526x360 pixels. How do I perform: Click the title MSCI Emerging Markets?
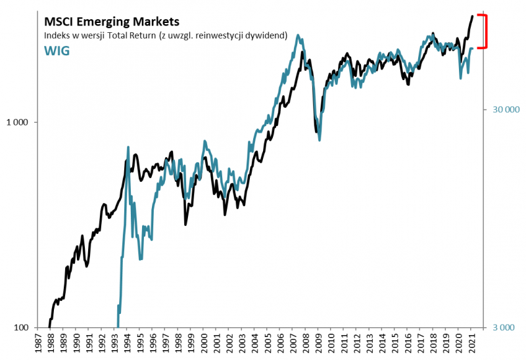click(x=110, y=22)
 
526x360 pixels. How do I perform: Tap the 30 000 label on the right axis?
click(x=506, y=110)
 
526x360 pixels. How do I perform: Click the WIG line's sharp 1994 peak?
click(x=128, y=147)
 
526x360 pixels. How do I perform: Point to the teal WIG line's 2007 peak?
click(x=299, y=35)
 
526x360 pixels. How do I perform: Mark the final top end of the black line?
click(x=472, y=16)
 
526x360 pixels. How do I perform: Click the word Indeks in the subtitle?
click(x=57, y=35)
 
